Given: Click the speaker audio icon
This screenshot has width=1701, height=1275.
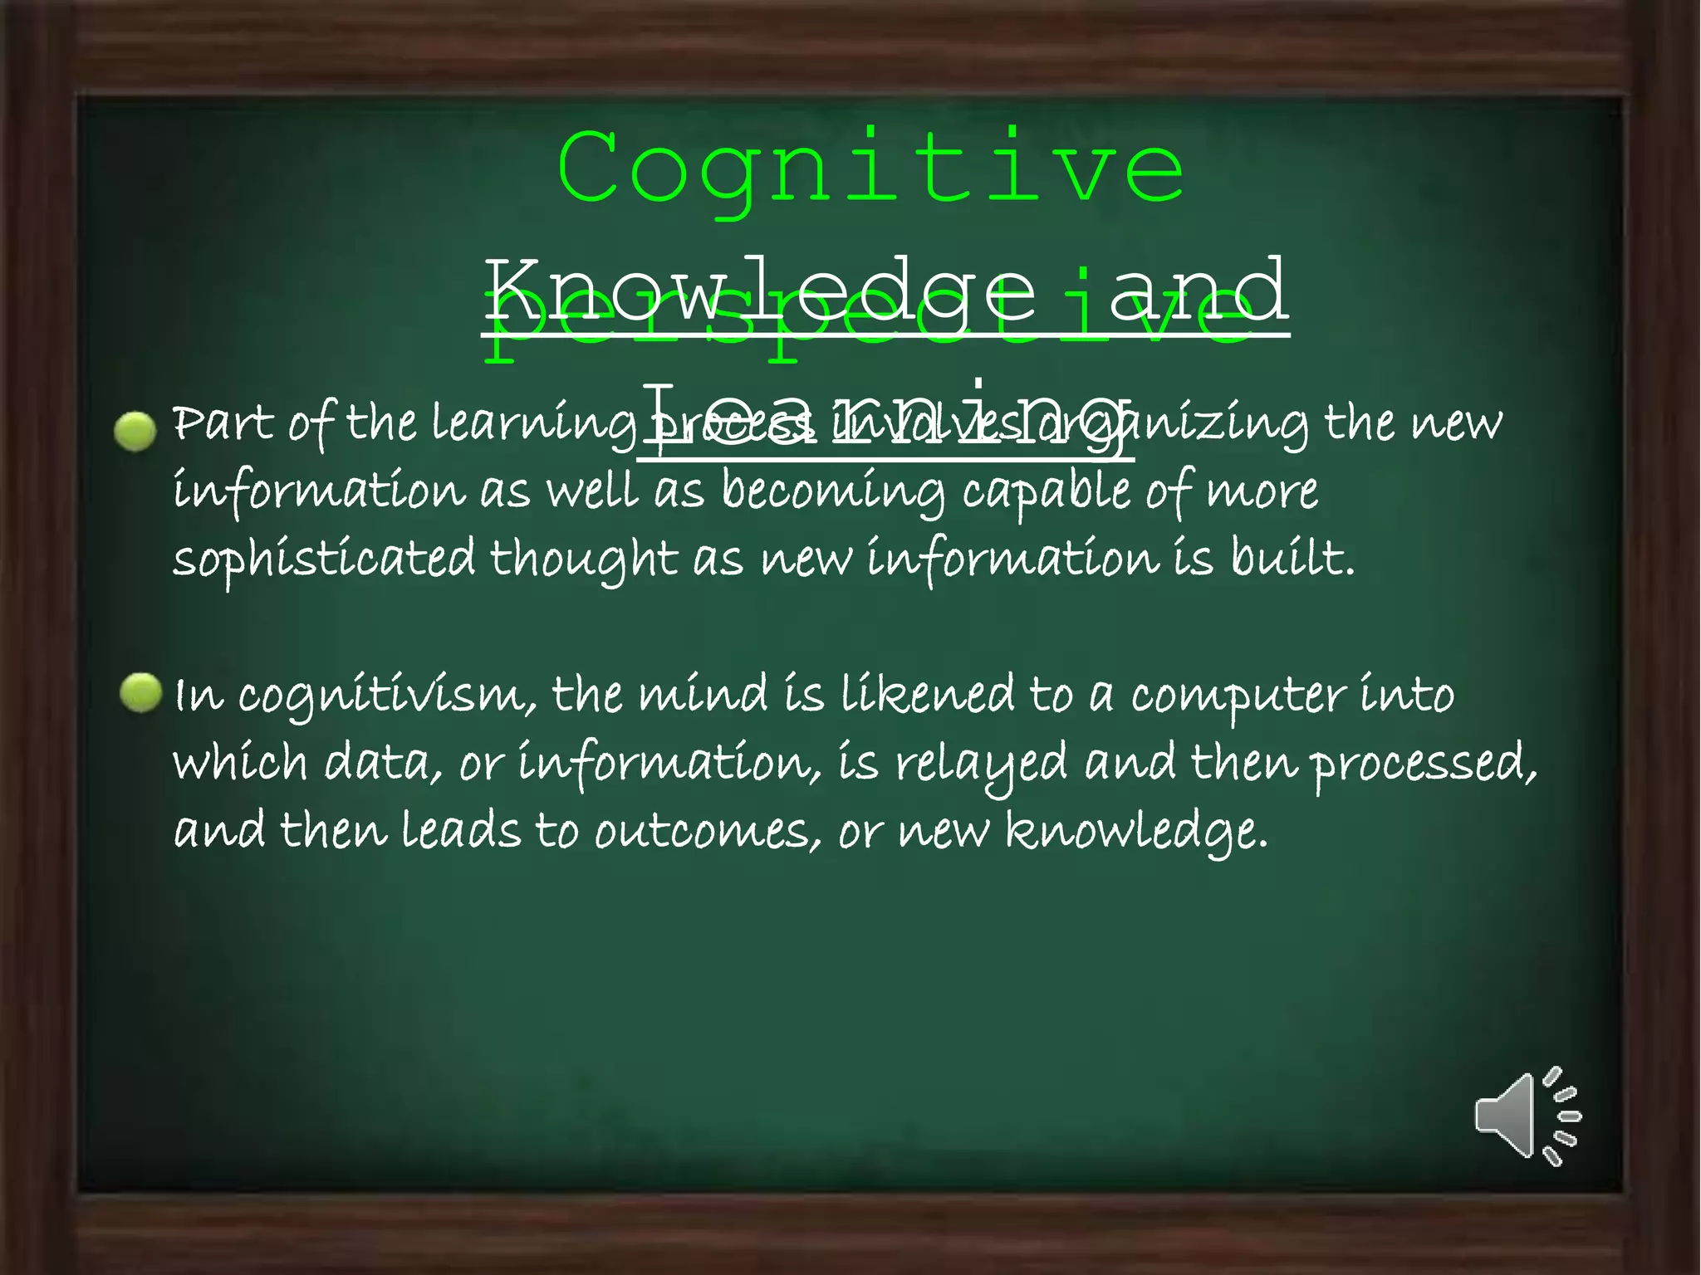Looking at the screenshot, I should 1527,1116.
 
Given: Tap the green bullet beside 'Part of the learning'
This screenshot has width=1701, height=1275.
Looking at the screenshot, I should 135,432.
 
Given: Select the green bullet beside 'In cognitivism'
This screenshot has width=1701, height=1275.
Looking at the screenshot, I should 140,693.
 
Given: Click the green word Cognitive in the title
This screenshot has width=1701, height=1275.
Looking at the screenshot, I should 871,170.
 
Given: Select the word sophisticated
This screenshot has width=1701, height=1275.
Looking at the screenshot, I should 324,559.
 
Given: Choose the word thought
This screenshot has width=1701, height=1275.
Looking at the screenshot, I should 584,559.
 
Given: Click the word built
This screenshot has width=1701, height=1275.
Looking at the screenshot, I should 1292,558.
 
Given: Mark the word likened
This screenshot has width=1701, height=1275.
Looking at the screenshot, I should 927,695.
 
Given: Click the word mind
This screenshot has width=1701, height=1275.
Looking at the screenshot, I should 703,695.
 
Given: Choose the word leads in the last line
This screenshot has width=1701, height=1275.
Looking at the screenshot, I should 461,830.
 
